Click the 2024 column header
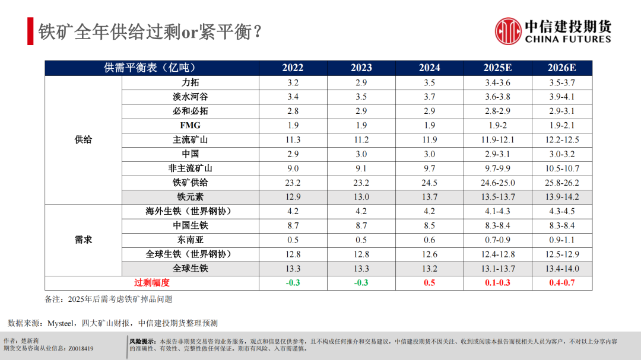point(429,68)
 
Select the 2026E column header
point(561,68)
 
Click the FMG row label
point(190,125)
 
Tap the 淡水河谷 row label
point(190,97)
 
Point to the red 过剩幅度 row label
point(152,283)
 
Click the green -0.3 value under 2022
point(293,283)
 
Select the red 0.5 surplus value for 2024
point(429,283)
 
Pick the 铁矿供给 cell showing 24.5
point(429,183)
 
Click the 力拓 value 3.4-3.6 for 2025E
point(497,82)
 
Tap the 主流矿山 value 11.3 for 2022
point(293,140)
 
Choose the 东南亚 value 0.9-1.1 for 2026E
point(561,240)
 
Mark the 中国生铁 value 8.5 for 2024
point(429,226)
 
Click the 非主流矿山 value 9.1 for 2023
point(361,168)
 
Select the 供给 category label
point(83,140)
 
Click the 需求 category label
point(83,240)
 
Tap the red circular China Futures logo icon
point(508,31)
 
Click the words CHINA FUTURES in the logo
point(568,39)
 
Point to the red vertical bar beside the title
point(30,31)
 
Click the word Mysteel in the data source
point(60,323)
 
